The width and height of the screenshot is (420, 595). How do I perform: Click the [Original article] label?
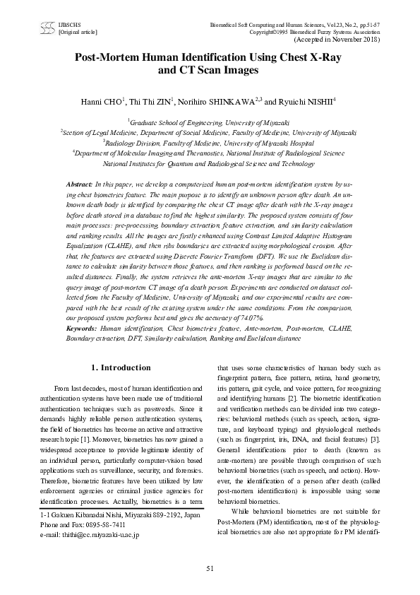(x=78, y=33)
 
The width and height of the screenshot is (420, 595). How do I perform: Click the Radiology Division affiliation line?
(x=210, y=141)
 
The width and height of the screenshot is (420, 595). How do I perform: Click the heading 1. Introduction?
(x=122, y=368)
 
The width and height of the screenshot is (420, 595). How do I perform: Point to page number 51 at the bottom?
(x=210, y=568)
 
